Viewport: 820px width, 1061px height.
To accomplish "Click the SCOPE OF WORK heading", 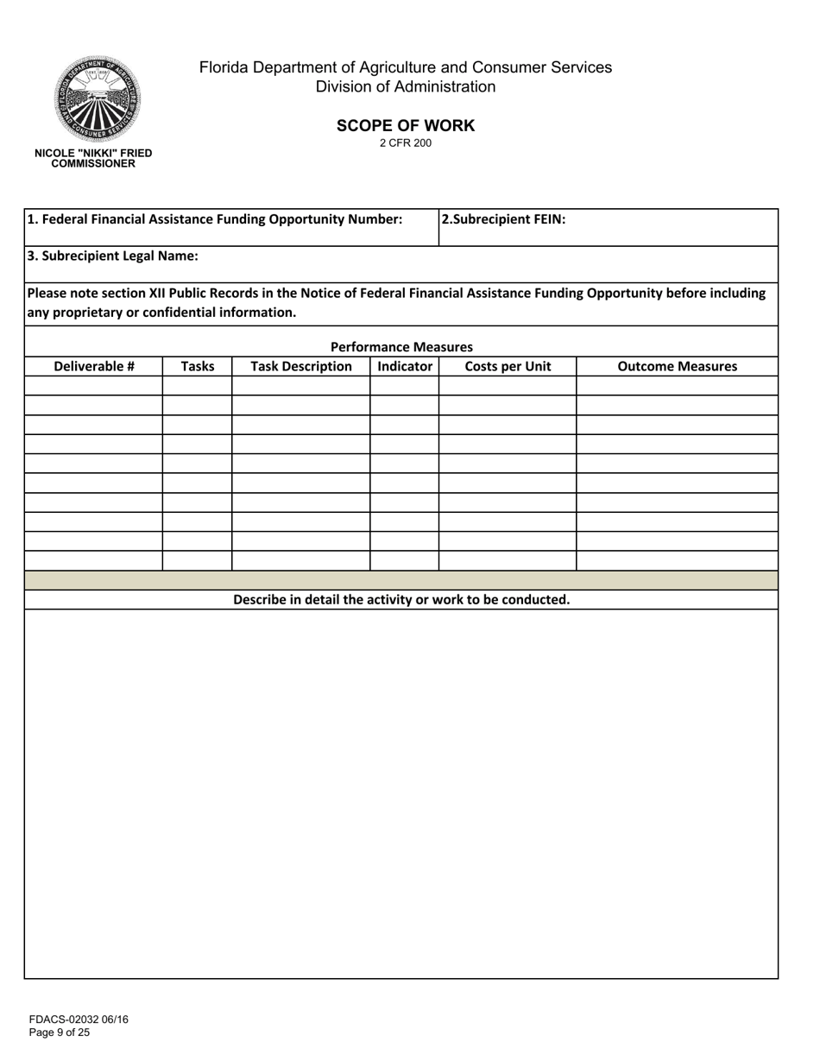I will tap(405, 125).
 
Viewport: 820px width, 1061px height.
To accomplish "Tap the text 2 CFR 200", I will tap(405, 143).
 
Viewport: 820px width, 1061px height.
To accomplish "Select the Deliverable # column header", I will tap(94, 366).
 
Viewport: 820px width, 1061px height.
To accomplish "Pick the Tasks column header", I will tap(198, 366).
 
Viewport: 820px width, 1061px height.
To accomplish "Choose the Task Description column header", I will tap(301, 366).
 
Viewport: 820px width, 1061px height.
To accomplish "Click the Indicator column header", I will tap(405, 366).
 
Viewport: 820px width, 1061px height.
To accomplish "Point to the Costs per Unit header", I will tap(508, 366).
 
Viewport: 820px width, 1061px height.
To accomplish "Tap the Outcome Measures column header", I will tap(678, 366).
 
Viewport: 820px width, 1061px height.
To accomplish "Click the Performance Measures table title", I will tap(401, 347).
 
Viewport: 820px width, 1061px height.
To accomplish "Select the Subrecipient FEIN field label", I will tap(503, 219).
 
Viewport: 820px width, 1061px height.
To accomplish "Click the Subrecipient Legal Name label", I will tap(113, 256).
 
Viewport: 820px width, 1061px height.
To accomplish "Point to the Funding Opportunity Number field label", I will tap(215, 219).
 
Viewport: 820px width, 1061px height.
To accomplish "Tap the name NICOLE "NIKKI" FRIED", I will tap(93, 153).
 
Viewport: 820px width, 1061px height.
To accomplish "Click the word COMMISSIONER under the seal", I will tap(93, 163).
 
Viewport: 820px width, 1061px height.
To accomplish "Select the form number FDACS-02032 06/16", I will tap(79, 1020).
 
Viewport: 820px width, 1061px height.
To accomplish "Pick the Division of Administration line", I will tap(405, 87).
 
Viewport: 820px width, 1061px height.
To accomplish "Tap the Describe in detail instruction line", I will tap(401, 599).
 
